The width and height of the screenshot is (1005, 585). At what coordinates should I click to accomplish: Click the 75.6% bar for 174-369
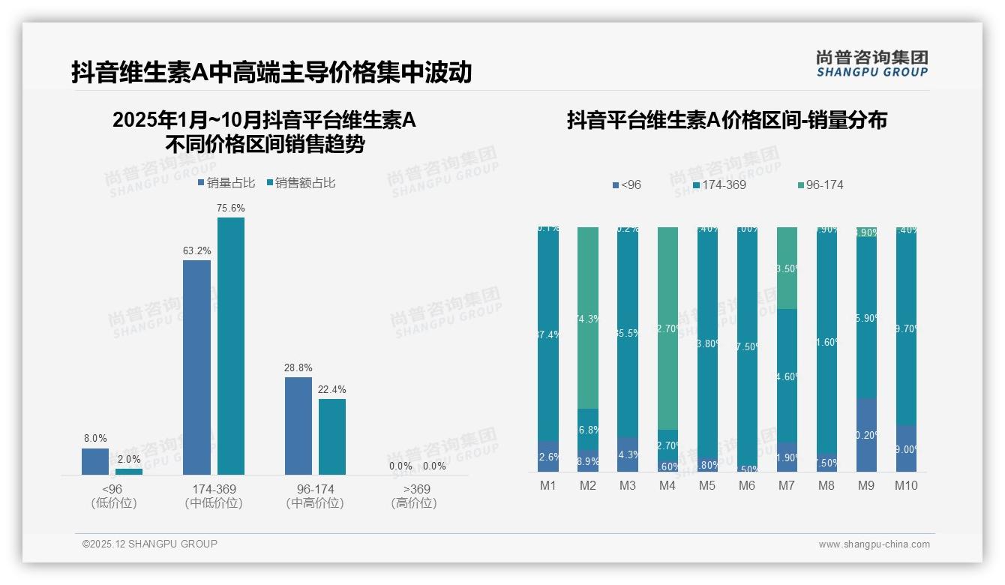tap(231, 346)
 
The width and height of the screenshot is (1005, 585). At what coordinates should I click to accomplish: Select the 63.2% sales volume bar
tap(196, 367)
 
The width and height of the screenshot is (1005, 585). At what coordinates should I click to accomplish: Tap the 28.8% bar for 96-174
tap(298, 425)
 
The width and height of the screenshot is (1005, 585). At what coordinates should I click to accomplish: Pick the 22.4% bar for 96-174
tap(332, 436)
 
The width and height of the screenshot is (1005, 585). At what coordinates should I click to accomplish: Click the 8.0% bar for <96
tap(95, 461)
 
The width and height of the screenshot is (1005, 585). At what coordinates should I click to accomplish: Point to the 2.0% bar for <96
tap(129, 472)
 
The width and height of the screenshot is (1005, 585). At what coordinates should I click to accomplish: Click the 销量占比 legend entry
tap(226, 183)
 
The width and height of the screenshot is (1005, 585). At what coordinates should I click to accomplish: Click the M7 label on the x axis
tap(786, 485)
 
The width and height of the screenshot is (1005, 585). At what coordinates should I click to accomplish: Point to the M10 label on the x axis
tap(905, 485)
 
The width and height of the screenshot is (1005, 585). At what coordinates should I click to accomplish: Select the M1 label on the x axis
tap(548, 485)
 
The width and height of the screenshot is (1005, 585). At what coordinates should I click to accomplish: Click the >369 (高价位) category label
tap(414, 496)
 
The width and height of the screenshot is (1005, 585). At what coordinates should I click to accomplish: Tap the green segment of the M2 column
tap(588, 317)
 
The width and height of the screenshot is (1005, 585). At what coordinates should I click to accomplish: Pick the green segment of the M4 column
tap(667, 328)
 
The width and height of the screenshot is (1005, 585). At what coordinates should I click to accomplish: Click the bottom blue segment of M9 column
tap(866, 435)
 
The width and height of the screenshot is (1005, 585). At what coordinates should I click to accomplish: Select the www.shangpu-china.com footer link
tap(874, 544)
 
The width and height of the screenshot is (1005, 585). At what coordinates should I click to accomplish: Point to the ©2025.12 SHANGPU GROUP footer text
tap(150, 544)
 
